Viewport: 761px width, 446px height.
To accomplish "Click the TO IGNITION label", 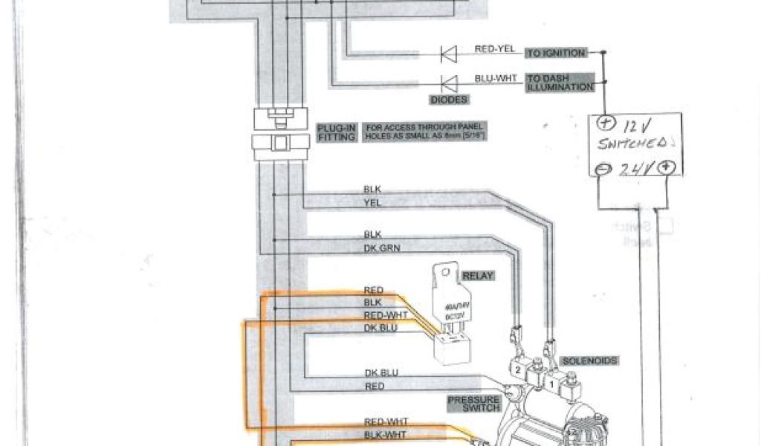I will [x=556, y=54].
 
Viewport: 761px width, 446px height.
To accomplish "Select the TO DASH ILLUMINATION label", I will [x=560, y=83].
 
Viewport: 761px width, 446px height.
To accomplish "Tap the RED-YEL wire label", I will [x=494, y=50].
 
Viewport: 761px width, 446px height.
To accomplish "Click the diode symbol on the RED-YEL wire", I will [x=448, y=54].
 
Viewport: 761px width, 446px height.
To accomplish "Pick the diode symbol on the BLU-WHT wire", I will [x=448, y=83].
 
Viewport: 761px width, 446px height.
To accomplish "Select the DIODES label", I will [x=449, y=100].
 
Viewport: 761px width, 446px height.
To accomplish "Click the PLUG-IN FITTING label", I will [x=337, y=132].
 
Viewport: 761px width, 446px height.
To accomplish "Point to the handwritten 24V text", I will [x=637, y=169].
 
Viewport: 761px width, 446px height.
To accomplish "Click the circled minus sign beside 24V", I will [x=603, y=169].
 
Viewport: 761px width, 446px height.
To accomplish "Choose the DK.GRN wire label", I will [x=382, y=248].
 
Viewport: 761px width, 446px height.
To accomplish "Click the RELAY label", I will [x=478, y=276].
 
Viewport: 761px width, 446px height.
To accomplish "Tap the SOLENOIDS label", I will [x=590, y=361].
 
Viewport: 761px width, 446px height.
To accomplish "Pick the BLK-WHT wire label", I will [x=386, y=434].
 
